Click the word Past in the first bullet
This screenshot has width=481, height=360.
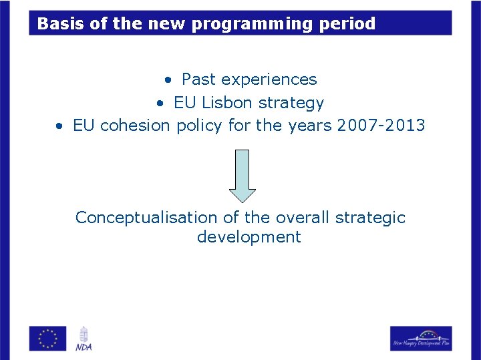(198, 79)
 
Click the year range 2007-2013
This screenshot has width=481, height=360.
(381, 126)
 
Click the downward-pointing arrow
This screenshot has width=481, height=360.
(243, 176)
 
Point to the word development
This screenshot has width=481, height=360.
(249, 237)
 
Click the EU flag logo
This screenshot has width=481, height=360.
(48, 338)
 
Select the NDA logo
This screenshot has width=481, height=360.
(84, 338)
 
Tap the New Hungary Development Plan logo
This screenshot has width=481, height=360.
(421, 338)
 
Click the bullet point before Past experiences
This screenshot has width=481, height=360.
(170, 80)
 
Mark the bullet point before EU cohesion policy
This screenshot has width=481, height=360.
(60, 126)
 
